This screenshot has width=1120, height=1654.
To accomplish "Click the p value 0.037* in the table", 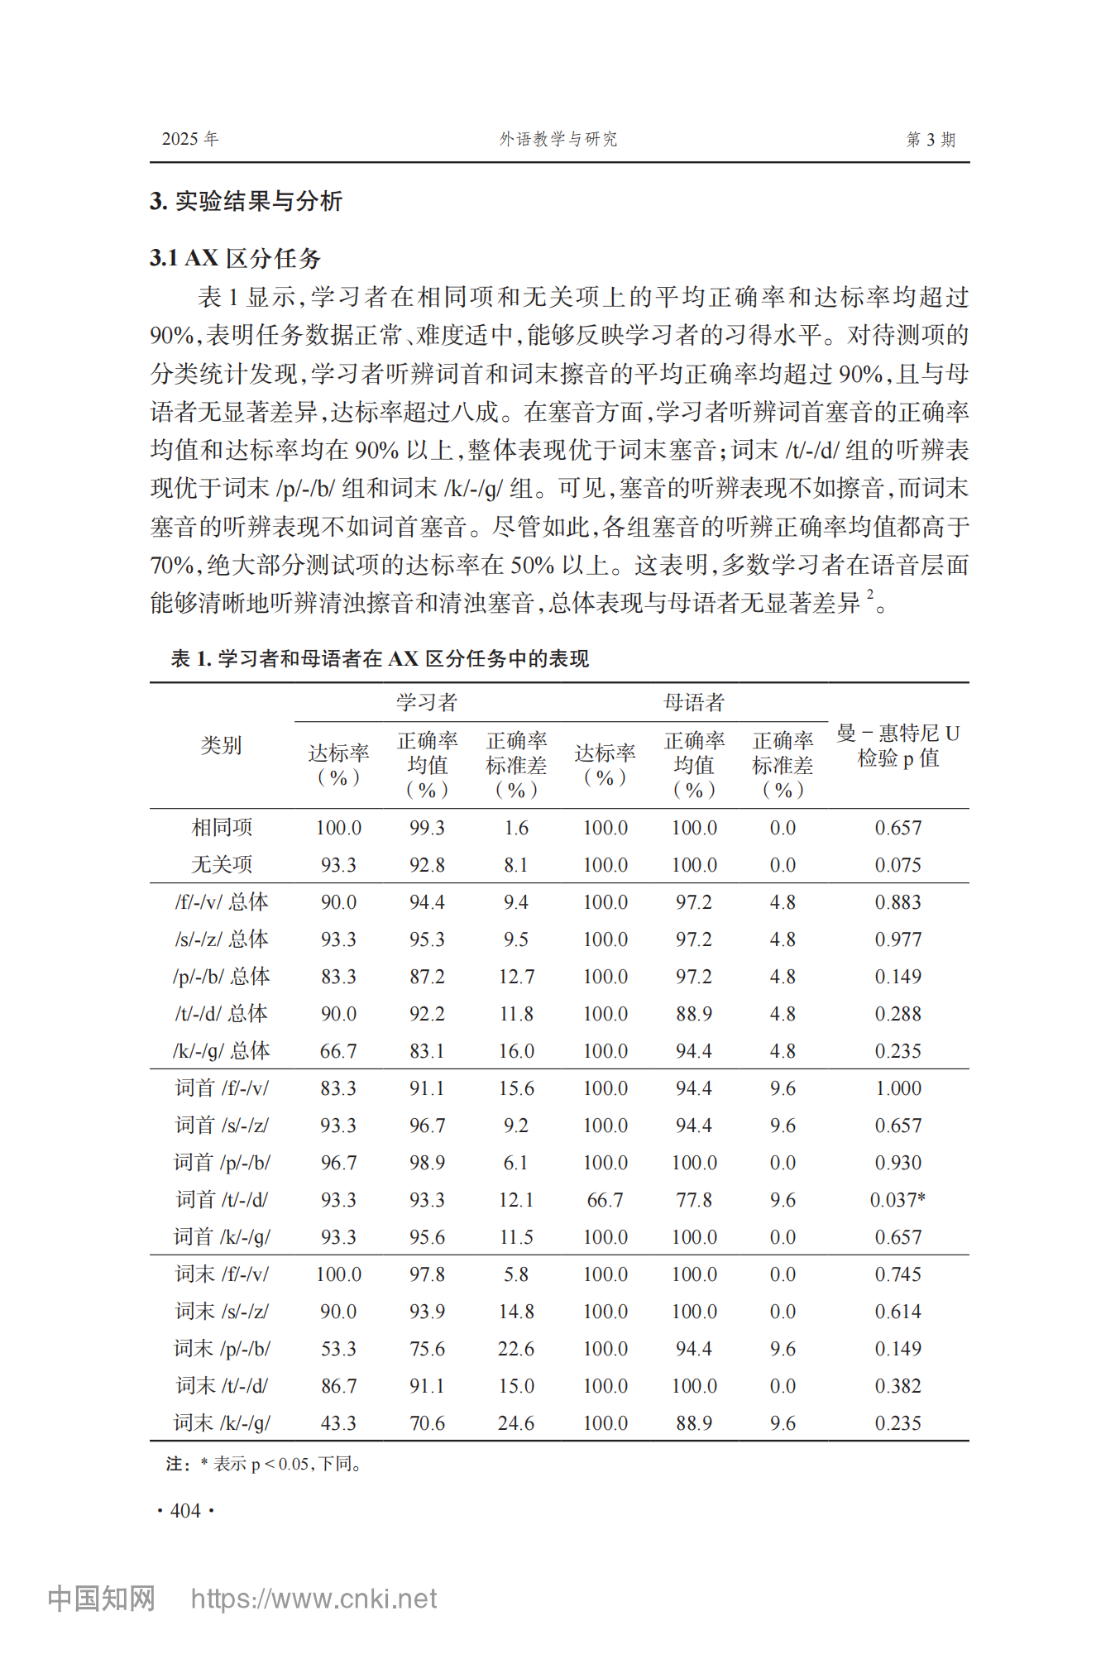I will click(x=897, y=1199).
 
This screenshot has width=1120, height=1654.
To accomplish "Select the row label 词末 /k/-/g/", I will click(x=222, y=1422).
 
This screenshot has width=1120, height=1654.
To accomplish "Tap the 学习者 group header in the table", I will click(x=427, y=702).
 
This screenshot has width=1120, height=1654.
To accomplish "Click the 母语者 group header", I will click(x=694, y=702).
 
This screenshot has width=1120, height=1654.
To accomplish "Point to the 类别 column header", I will click(x=221, y=745).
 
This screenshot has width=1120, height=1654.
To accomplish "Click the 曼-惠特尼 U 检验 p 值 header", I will click(x=897, y=745).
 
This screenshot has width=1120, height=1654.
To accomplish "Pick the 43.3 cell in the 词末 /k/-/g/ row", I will click(x=338, y=1422).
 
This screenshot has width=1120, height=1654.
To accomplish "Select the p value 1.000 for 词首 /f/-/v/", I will click(x=897, y=1088).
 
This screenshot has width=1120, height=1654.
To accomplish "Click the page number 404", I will click(x=185, y=1511).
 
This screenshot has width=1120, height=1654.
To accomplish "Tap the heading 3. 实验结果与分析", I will click(x=246, y=201).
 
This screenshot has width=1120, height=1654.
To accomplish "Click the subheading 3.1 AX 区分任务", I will click(x=235, y=258).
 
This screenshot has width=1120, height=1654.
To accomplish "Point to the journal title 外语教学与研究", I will click(x=558, y=139).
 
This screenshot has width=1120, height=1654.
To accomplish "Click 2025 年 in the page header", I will click(x=189, y=139).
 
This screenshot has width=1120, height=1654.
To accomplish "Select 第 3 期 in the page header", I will click(x=931, y=139).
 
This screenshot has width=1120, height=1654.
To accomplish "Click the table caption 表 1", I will click(x=380, y=658).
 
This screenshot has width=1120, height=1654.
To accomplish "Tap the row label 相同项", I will click(x=222, y=827).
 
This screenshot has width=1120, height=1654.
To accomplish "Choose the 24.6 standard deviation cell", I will click(x=516, y=1422).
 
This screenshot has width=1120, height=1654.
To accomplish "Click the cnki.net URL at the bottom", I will click(x=314, y=1599).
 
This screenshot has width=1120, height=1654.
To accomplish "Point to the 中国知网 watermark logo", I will click(x=101, y=1599).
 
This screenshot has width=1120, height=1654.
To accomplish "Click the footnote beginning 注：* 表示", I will click(x=264, y=1464).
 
